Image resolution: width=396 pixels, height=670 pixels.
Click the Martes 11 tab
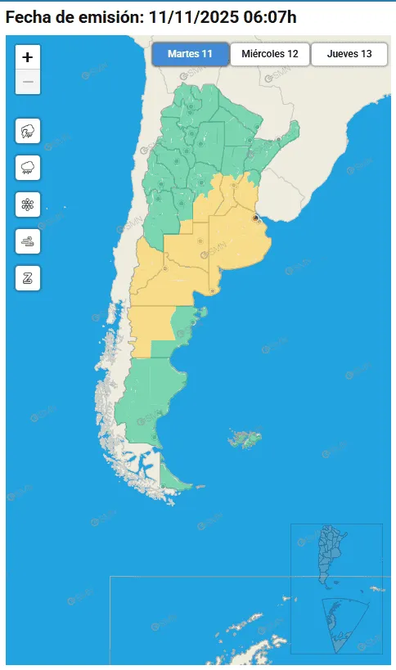click(x=190, y=54)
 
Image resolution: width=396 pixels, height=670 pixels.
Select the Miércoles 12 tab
click(x=269, y=54)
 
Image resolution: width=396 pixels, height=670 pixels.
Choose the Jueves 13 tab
click(x=349, y=54)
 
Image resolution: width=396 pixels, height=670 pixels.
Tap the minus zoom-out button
click(x=28, y=82)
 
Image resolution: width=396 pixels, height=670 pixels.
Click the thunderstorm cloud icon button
click(x=28, y=131)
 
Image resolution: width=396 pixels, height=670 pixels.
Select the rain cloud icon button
click(x=28, y=168)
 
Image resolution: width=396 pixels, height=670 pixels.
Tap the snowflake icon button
click(x=28, y=205)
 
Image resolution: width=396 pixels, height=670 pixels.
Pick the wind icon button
click(x=28, y=241)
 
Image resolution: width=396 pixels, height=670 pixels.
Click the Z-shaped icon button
click(x=28, y=278)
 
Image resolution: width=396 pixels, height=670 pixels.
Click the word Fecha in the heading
click(x=29, y=16)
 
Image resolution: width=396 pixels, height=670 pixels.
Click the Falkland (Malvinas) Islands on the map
click(x=244, y=438)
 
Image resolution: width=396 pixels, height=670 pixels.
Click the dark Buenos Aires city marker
click(x=256, y=218)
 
